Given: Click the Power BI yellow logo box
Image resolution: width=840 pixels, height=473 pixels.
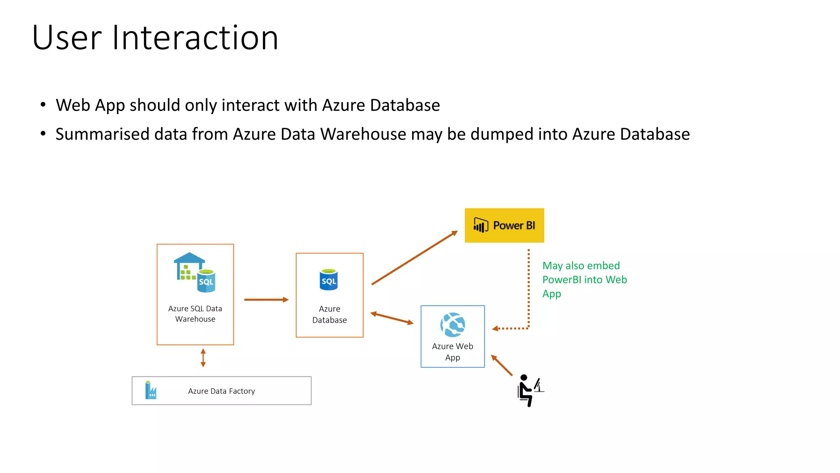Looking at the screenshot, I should tap(504, 225).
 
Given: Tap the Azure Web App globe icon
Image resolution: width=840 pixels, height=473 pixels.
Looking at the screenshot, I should tap(452, 325).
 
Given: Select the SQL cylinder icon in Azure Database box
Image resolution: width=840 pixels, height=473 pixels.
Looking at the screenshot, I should tap(329, 280).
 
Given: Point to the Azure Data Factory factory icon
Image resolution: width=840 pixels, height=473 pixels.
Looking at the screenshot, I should tap(151, 390).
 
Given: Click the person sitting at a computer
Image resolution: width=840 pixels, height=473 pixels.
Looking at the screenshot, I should tap(529, 390).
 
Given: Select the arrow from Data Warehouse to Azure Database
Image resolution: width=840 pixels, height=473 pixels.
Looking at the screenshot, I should tap(266, 300).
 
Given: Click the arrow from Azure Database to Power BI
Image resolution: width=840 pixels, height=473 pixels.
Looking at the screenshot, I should tap(414, 258).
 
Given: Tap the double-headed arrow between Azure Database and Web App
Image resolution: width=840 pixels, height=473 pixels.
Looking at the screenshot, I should tap(392, 319).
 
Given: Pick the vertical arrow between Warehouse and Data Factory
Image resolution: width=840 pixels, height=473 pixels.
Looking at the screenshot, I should tap(203, 358).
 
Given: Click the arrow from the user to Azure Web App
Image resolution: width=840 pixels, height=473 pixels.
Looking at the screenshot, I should tap(502, 365).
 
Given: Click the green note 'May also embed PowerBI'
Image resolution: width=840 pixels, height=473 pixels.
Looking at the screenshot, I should tap(584, 280).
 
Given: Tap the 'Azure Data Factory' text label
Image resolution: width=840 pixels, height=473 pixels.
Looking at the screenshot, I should tap(221, 391).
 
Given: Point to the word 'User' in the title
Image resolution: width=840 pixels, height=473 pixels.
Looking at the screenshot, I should tap(67, 38).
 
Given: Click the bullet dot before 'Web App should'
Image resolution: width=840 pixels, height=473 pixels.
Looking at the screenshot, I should tap(43, 105).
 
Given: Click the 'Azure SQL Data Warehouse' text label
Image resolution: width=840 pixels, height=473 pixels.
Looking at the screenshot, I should tap(195, 314).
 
